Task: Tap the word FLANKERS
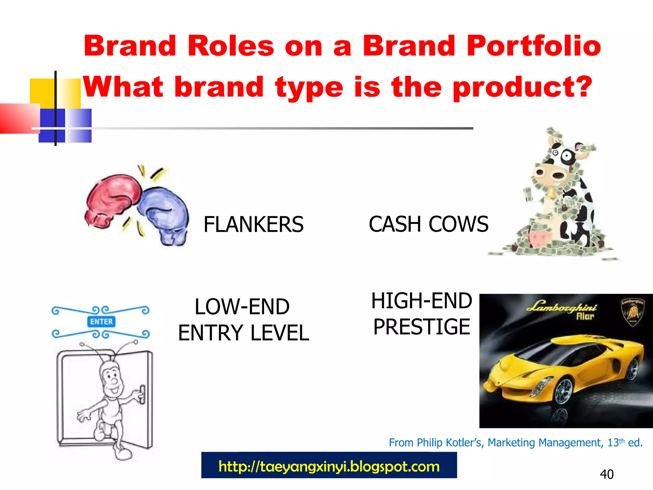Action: point(253,224)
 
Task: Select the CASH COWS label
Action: point(428,224)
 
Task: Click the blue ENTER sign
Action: point(101,322)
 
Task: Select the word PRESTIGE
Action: point(422,327)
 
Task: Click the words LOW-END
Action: point(242,307)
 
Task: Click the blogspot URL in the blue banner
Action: point(329,466)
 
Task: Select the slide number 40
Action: point(606,474)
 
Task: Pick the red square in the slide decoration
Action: point(19,118)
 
